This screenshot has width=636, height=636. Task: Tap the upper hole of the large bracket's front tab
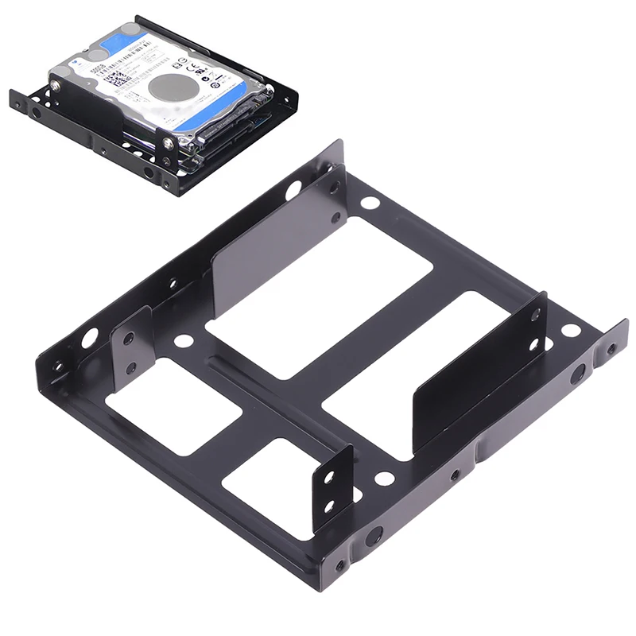click(x=327, y=480)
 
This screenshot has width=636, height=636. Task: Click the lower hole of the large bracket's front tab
click(x=328, y=506)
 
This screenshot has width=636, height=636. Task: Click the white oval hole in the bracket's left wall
click(x=89, y=337)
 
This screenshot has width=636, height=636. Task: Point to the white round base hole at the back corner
click(x=370, y=202)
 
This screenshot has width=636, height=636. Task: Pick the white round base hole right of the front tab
click(x=384, y=479)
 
